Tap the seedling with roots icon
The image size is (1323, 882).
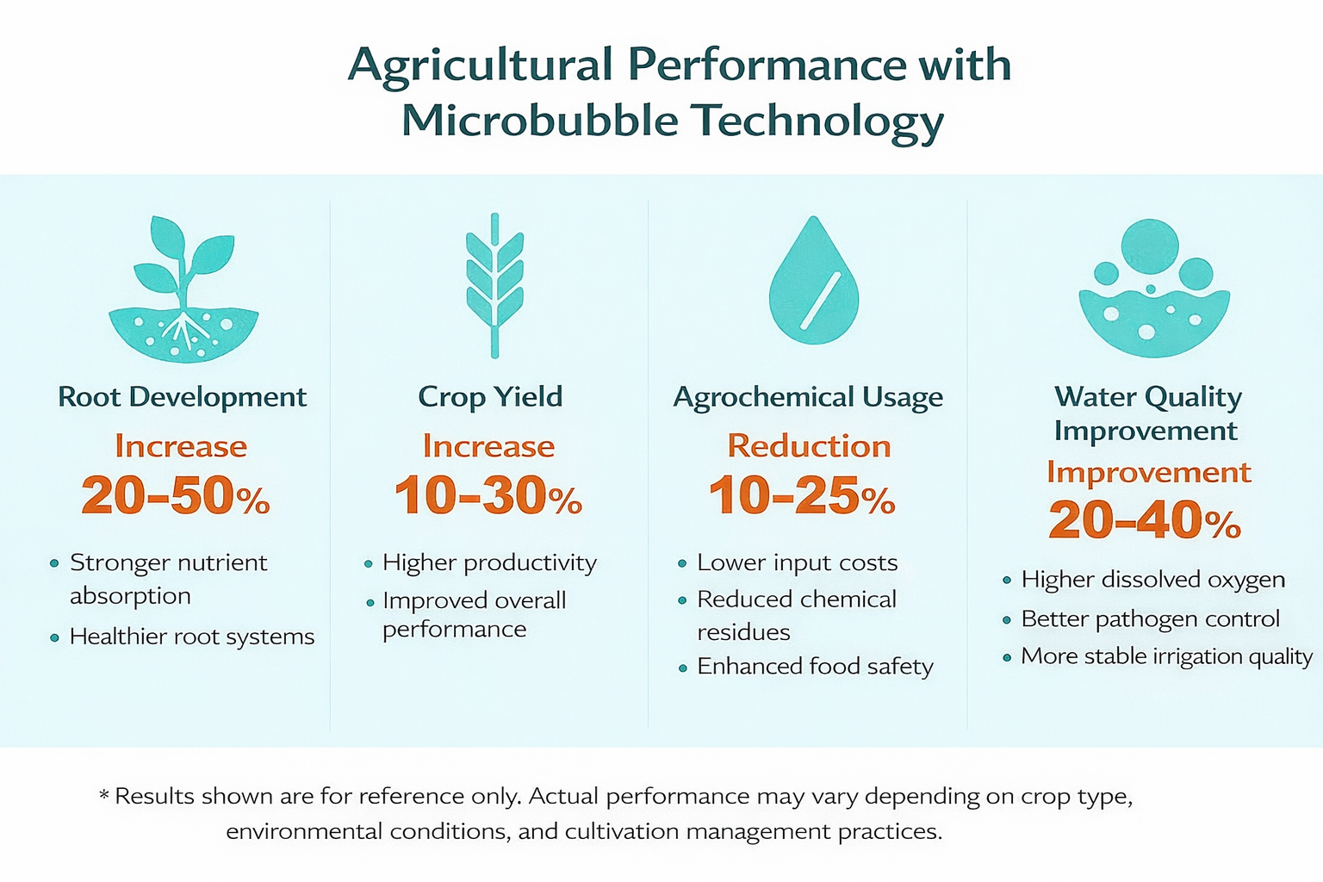click(x=183, y=289)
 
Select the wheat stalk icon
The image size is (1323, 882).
click(x=494, y=284)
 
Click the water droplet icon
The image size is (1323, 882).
click(x=813, y=283)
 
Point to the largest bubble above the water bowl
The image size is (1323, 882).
click(x=1150, y=246)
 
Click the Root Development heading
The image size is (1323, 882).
click(x=182, y=397)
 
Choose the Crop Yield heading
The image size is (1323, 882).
click(x=490, y=397)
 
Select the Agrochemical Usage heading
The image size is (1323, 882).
click(x=808, y=397)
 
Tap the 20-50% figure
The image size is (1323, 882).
click(x=176, y=496)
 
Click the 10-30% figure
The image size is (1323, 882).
click(x=488, y=496)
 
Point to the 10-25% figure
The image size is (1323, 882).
click(x=802, y=496)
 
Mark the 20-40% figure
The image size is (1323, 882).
click(x=1145, y=520)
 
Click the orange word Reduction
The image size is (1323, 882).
click(x=809, y=446)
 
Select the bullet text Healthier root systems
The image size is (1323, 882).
click(x=192, y=637)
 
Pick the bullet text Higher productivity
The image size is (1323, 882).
click(x=489, y=563)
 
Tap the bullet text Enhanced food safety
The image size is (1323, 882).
click(x=815, y=667)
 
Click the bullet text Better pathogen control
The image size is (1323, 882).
click(x=1150, y=618)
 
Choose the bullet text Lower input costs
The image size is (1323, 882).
click(x=797, y=563)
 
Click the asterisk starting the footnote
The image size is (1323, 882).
click(x=104, y=795)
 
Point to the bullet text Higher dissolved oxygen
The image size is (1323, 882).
click(x=1152, y=580)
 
